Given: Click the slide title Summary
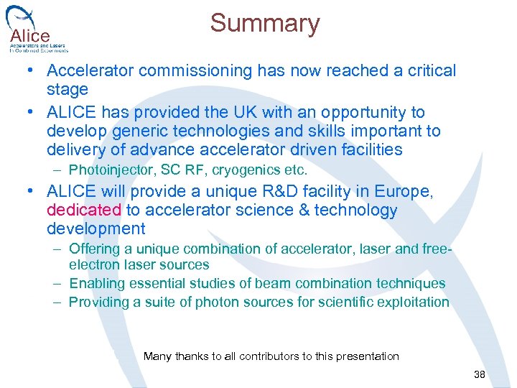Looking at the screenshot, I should pyautogui.click(x=264, y=24).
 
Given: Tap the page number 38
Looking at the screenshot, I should pyautogui.click(x=480, y=375).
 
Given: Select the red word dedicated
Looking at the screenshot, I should pyautogui.click(x=84, y=210).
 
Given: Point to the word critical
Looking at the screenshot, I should pyautogui.click(x=427, y=70).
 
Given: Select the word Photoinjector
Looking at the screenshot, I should pyautogui.click(x=111, y=170).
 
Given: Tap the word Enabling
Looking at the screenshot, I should pyautogui.click(x=95, y=283).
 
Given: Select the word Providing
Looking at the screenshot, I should pyautogui.click(x=97, y=302).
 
